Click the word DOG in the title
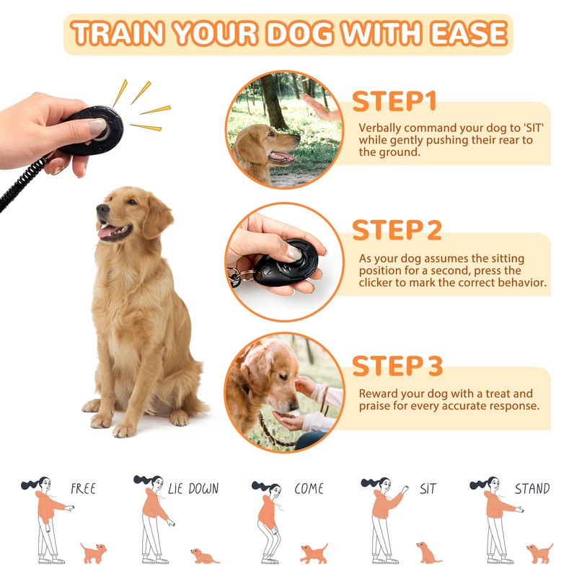(299, 34)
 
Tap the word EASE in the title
(469, 34)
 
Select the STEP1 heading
(394, 101)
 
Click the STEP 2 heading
(397, 230)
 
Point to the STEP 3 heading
(397, 366)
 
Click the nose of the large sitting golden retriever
(102, 209)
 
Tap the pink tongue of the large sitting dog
(107, 232)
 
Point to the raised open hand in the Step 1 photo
(319, 107)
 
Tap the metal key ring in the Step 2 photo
(236, 277)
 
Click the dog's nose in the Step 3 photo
(294, 406)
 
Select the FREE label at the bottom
(83, 489)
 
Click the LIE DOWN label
(193, 488)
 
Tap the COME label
(309, 488)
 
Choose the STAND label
(532, 488)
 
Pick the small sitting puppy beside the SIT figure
(428, 552)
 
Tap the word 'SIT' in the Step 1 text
(533, 128)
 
